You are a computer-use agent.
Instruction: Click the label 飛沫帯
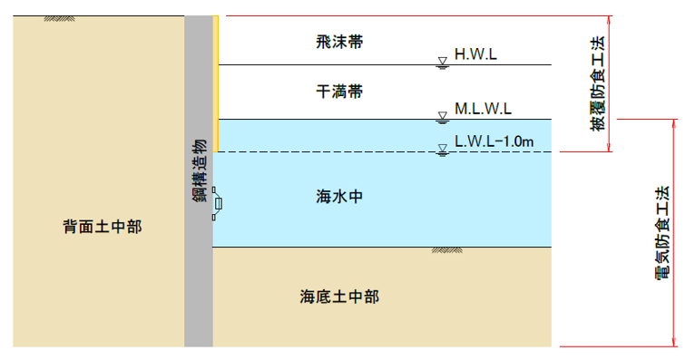339,42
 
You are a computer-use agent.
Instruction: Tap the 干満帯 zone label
339,92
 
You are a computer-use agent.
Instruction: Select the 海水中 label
339,196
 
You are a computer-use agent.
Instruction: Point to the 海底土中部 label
339,297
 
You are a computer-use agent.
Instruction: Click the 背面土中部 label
103,227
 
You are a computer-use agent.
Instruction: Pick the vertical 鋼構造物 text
199,170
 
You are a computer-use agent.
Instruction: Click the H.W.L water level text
475,54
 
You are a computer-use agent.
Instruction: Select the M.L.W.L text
483,109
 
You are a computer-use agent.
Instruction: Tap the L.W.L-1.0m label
494,141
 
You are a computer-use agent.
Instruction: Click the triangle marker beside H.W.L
443,61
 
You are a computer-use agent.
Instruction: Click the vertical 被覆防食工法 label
597,83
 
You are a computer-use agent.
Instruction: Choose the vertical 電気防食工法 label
662,232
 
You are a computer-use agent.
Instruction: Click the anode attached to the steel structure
217,204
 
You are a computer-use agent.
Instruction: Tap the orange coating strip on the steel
215,84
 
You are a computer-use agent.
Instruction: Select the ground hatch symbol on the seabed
446,250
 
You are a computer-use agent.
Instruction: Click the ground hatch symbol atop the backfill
59,19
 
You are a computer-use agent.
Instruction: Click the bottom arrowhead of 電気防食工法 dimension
675,342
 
